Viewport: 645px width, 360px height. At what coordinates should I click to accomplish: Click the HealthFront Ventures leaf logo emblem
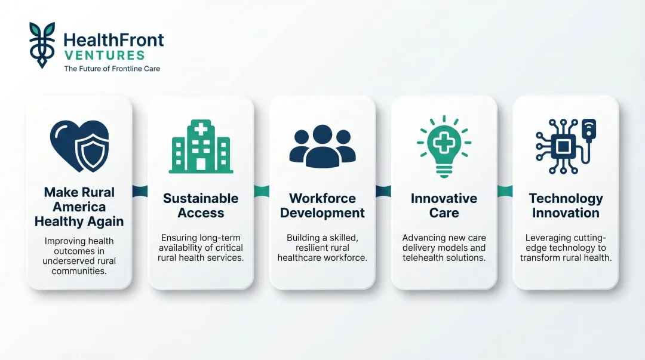(42, 45)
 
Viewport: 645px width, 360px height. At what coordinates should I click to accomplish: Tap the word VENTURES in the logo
(104, 56)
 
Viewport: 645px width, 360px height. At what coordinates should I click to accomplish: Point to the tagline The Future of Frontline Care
(112, 69)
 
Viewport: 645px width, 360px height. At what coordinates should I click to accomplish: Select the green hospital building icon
(201, 147)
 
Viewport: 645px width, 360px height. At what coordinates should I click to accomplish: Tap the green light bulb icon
(444, 146)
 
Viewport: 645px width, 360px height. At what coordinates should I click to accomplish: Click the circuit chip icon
(565, 146)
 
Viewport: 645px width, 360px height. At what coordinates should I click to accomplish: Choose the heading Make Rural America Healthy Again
(79, 207)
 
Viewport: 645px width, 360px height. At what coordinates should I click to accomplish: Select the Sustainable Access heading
(201, 205)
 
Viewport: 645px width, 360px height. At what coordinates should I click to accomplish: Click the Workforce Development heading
(322, 205)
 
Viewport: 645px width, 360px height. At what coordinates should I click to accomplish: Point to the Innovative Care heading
(444, 205)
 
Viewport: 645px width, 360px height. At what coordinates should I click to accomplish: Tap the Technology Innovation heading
(566, 205)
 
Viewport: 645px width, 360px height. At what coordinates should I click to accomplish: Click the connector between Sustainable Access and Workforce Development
(262, 191)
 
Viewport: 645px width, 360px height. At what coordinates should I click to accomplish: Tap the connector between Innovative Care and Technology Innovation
(505, 191)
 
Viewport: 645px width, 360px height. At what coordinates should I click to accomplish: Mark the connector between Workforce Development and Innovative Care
(383, 191)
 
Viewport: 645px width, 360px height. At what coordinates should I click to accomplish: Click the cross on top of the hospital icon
(200, 128)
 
